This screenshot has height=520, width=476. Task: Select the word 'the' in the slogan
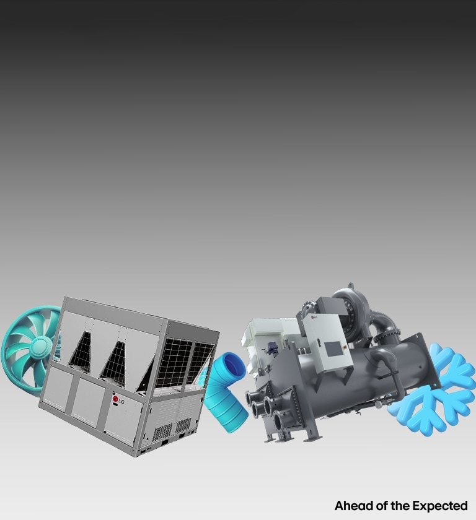click(x=400, y=506)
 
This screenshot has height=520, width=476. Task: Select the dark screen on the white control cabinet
click(x=333, y=349)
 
